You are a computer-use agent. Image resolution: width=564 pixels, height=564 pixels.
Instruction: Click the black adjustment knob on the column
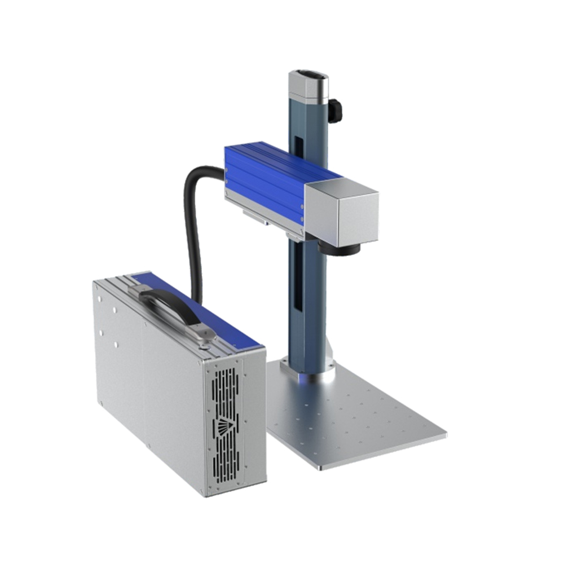point(335,110)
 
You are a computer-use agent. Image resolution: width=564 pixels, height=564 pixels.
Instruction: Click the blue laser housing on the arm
point(265,180)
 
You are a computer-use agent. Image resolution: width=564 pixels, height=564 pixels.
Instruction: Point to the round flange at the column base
point(308,369)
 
